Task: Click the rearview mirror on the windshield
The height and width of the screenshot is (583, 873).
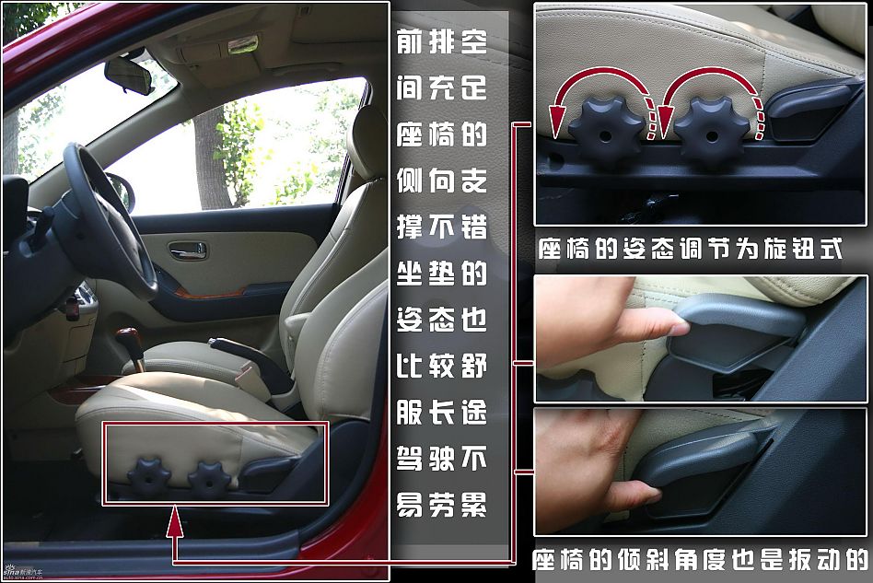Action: coord(129,75)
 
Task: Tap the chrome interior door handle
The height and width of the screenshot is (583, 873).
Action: coord(188,251)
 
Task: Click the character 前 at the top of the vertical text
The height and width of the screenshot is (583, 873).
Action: coord(409,41)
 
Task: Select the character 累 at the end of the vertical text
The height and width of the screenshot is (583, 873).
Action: coord(473,505)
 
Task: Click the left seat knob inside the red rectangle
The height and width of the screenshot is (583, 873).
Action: coord(148,477)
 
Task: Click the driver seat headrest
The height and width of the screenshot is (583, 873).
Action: coord(368,139)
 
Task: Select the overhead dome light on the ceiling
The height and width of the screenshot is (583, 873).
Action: coord(242,44)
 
